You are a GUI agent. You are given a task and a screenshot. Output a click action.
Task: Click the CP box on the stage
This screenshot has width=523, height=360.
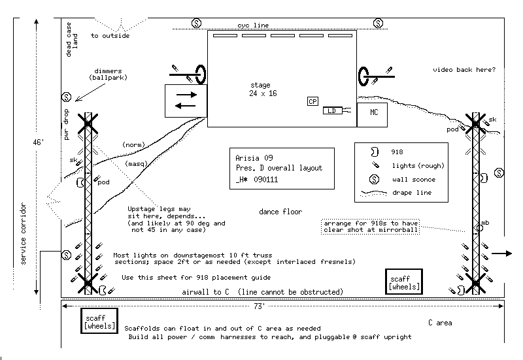point(312,101)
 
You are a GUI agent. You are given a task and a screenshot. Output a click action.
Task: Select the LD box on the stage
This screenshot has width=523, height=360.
point(331,111)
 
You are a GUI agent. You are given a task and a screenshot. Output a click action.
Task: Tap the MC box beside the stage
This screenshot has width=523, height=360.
point(372,114)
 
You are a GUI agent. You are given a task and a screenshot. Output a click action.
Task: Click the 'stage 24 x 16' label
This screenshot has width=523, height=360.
point(263,90)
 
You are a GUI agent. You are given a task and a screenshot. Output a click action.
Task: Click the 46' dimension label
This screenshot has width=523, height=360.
point(39,141)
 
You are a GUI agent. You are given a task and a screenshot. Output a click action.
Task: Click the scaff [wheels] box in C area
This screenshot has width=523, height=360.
point(100,321)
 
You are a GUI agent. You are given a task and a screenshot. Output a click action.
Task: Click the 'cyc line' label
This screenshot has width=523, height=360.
point(252,25)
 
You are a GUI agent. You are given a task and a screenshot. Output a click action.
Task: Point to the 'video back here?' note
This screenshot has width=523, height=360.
point(464,70)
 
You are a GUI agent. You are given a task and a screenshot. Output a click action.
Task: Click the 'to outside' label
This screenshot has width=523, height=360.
point(110,36)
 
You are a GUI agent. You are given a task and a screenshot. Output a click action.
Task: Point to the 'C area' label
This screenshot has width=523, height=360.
point(440,323)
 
